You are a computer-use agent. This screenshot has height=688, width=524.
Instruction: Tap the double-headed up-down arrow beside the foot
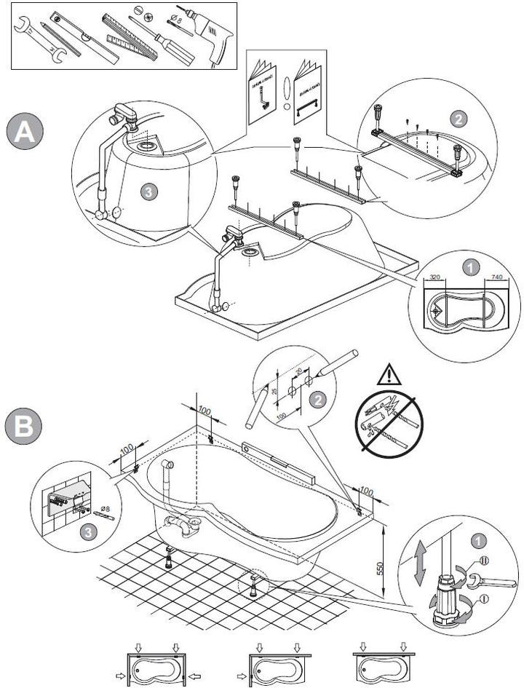[x=420, y=563]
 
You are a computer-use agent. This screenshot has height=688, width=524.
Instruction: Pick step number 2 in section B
[x=317, y=398]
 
